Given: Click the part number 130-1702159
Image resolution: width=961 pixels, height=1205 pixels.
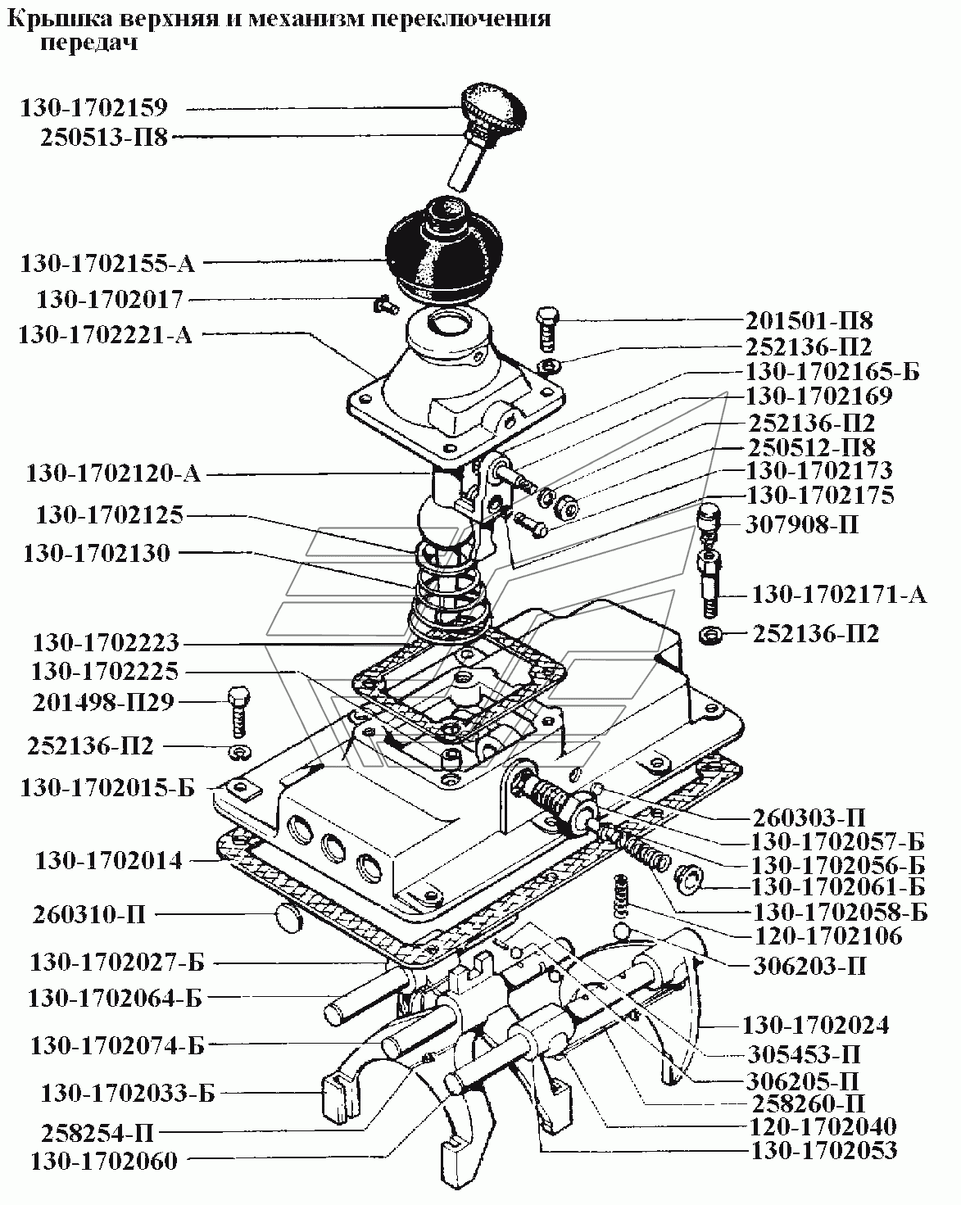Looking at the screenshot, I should click(x=93, y=107).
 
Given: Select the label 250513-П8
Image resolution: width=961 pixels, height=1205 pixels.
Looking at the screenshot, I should click(x=103, y=138).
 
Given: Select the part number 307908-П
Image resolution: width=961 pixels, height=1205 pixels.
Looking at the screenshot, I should click(x=802, y=523).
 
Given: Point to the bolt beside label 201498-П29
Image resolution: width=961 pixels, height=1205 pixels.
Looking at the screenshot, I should click(x=239, y=708).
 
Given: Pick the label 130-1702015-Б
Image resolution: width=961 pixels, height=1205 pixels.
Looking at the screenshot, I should click(x=107, y=788).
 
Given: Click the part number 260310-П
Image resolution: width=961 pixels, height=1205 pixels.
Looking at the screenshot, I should click(x=90, y=914).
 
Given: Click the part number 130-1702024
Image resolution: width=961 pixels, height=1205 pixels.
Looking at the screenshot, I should click(x=815, y=1025).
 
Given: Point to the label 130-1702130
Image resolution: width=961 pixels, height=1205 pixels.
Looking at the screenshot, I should click(x=97, y=553).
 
